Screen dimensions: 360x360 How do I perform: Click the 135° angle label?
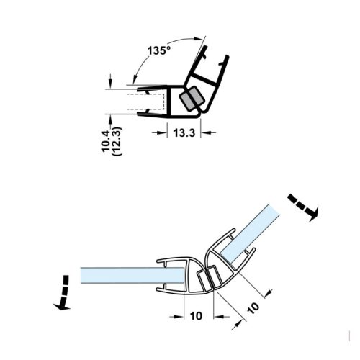(x=158, y=50)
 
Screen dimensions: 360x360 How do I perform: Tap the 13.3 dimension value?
(x=184, y=132)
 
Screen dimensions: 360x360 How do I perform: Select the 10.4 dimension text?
(x=106, y=141)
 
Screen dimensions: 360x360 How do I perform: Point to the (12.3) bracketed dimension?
(x=117, y=141)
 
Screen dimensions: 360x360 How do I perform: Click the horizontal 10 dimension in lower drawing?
(x=196, y=316)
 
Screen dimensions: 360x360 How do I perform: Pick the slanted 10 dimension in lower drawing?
(x=253, y=308)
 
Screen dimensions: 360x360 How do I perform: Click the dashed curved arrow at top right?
(x=304, y=207)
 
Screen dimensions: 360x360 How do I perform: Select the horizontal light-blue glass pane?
(x=132, y=275)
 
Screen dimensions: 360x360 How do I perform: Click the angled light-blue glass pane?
(x=251, y=233)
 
